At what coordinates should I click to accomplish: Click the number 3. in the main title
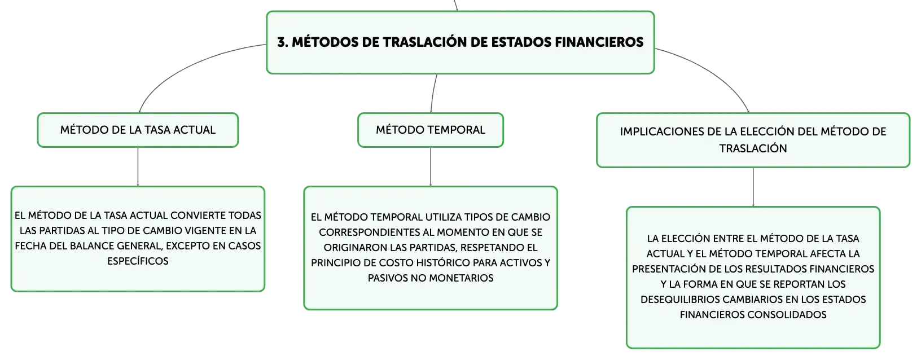283,42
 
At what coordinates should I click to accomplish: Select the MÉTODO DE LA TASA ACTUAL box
138,130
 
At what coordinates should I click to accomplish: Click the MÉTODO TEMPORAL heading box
431,130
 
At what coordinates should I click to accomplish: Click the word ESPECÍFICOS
138,261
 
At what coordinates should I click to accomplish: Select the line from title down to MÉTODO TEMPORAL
433,93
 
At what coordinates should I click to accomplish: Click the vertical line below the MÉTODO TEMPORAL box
431,167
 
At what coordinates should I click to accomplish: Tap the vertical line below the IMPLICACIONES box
753,187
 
